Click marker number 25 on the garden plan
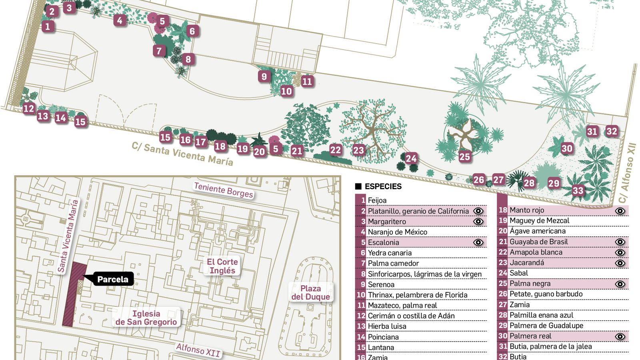coord(464,156)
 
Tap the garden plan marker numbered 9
coord(264,76)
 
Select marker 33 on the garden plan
coord(578,190)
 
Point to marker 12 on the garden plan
coord(29,108)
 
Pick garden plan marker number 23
coord(358,150)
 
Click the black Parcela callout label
coord(113,279)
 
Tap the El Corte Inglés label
coord(222,266)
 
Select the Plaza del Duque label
coord(310,292)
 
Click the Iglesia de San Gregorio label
coord(146,318)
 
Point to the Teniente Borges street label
coord(223,190)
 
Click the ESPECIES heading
coord(383,186)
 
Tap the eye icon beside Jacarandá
coord(620,263)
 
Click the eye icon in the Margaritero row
coord(478,222)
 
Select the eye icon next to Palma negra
coord(620,284)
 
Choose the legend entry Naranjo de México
coord(397,232)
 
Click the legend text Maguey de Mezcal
coord(539,220)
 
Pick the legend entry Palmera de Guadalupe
coord(546,326)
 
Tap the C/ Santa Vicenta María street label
coord(182,154)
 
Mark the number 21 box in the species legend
coord(503,242)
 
